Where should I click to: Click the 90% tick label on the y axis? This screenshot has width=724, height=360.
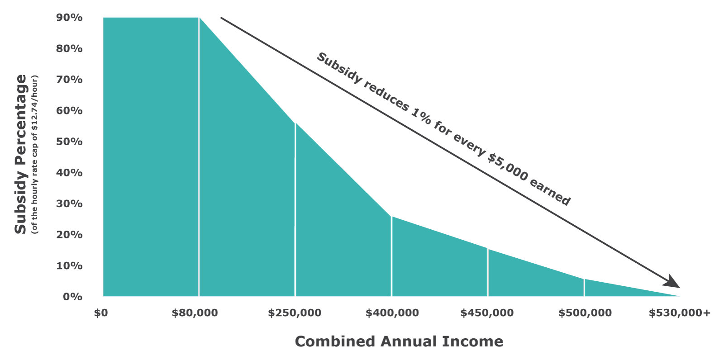(x=69, y=18)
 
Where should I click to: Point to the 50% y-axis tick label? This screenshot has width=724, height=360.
(x=69, y=142)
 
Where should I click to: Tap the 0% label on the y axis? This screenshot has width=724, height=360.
(x=72, y=297)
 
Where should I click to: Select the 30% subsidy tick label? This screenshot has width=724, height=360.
(x=69, y=204)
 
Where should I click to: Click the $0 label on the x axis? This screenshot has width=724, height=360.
(x=101, y=313)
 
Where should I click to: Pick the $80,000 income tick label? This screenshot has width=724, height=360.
(x=195, y=313)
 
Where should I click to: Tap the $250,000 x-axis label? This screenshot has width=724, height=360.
(x=295, y=313)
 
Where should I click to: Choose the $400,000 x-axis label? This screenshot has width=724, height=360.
(x=392, y=313)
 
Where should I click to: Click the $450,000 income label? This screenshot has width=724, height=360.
(x=487, y=313)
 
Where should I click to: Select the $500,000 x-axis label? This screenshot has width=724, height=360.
(x=585, y=313)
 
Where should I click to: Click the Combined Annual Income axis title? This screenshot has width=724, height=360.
(x=399, y=341)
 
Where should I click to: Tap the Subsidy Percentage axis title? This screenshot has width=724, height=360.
(x=21, y=154)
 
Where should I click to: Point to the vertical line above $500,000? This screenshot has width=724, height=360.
(x=584, y=288)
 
